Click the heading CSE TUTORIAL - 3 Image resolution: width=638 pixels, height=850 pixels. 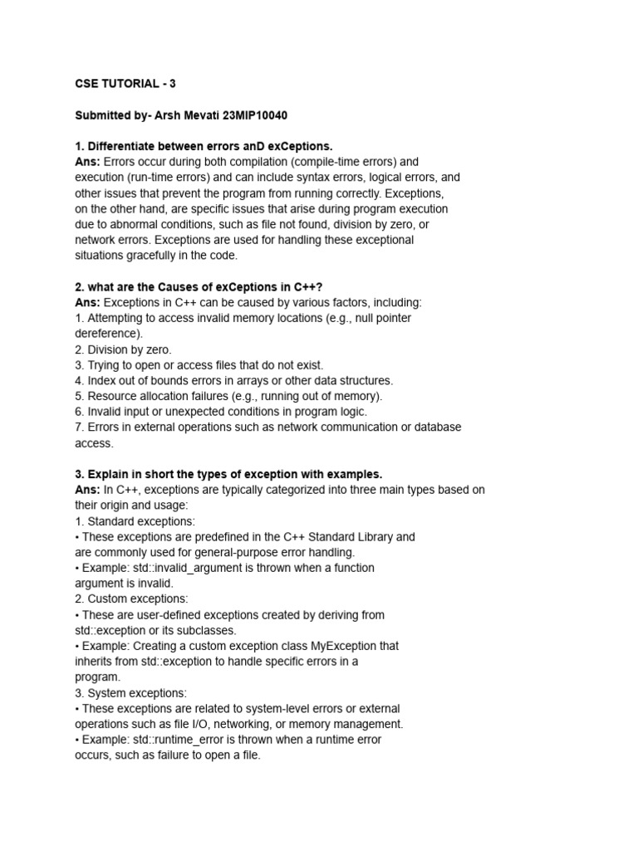(125, 83)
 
